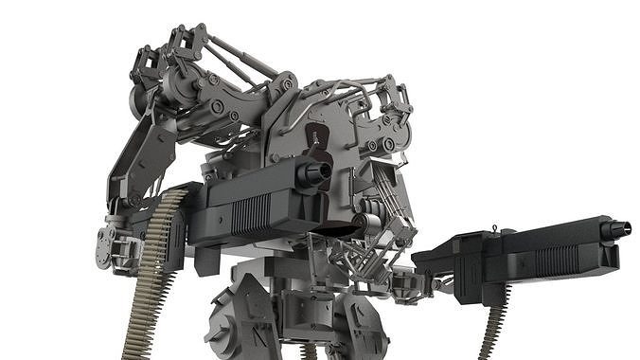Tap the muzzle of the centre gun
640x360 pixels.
pyautogui.click(x=315, y=171)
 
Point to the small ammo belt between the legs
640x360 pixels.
pyautogui.click(x=308, y=351)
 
